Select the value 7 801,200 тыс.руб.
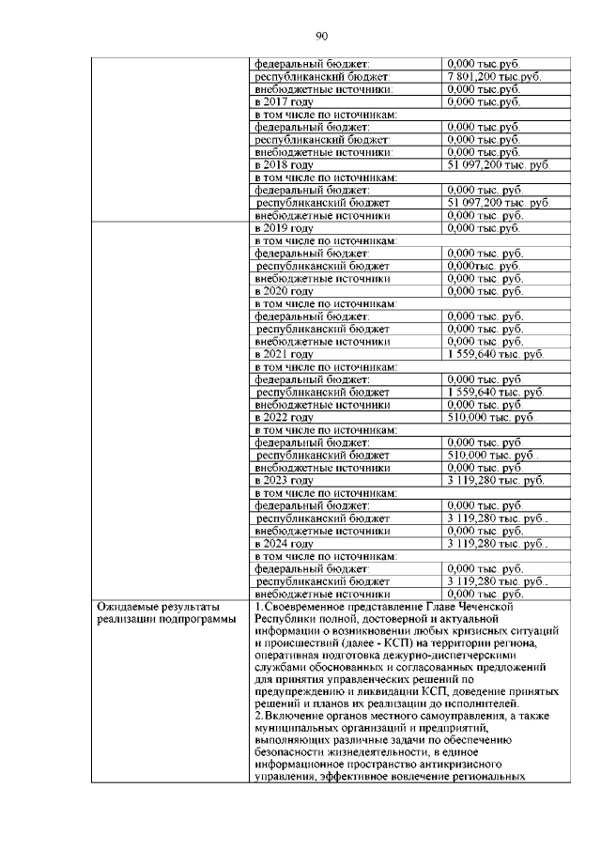494,76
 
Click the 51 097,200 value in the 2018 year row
497,164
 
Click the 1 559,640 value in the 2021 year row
495,355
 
